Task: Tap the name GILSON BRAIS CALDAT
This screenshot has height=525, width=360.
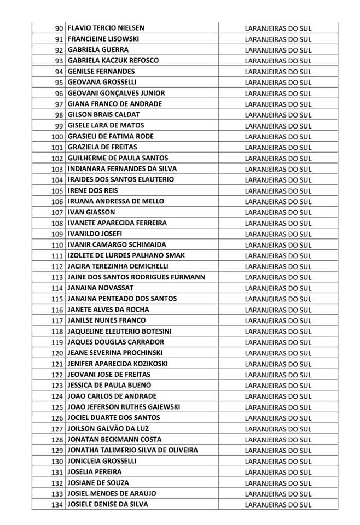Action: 104,115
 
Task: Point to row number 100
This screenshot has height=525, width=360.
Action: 57,137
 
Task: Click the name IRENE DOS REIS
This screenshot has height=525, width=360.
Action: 92,190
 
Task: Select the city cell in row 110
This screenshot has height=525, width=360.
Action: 278,245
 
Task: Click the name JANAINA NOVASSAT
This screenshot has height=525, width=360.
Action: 101,288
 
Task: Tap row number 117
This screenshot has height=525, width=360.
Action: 57,320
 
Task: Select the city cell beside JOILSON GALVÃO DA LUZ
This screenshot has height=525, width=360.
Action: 278,429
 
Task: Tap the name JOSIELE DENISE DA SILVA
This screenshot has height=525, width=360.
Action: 108,505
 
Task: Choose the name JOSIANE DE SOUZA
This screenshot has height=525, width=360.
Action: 98,483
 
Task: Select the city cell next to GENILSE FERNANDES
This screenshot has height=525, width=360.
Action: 278,72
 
